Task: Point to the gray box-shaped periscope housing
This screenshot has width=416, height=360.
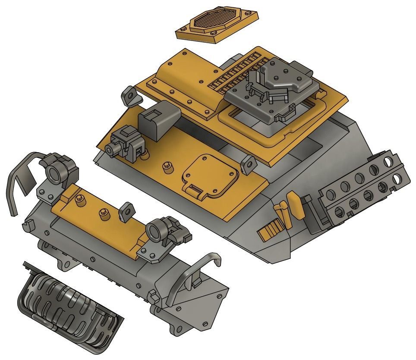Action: (x=158, y=121)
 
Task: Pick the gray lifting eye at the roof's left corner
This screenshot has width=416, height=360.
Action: (x=131, y=96)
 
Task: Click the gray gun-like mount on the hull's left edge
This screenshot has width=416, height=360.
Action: (x=126, y=143)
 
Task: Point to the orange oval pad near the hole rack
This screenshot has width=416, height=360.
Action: (x=294, y=204)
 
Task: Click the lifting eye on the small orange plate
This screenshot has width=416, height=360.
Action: (x=126, y=211)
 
